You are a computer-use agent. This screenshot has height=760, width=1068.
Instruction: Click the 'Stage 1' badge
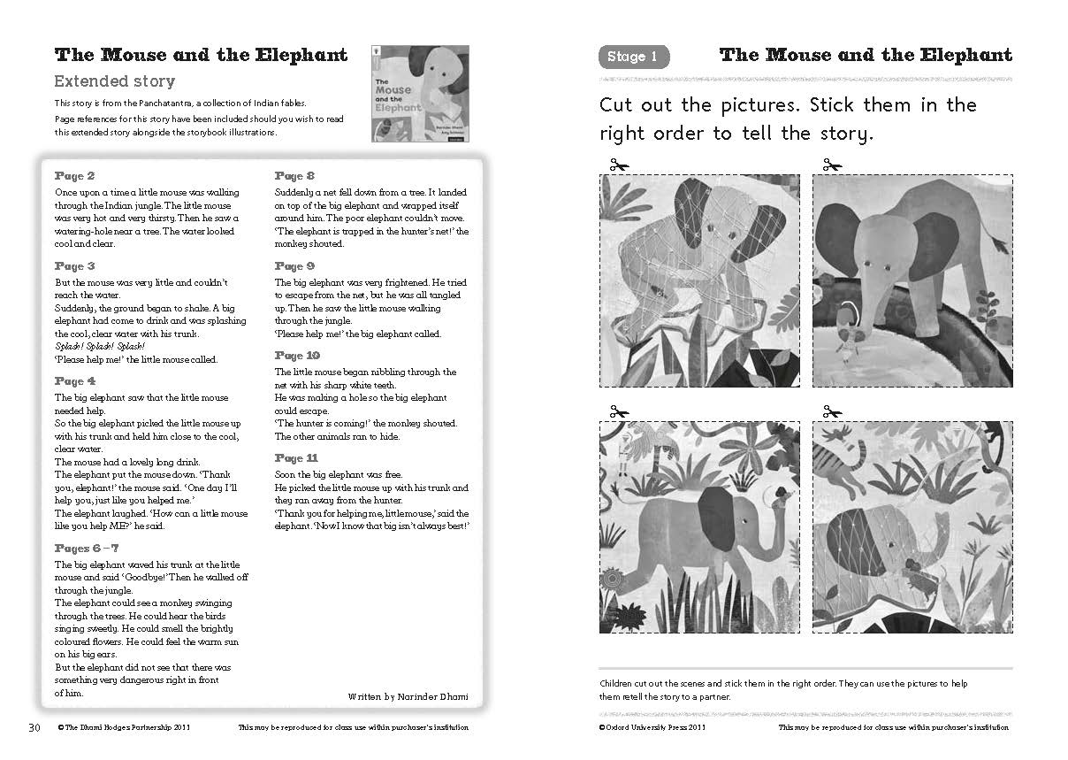[633, 58]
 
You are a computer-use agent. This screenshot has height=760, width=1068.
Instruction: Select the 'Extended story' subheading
[115, 81]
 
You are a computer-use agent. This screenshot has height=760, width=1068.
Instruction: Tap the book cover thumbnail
[420, 94]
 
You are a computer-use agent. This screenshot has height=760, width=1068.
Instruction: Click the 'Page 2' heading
[75, 176]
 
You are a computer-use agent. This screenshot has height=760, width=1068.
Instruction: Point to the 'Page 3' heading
[75, 266]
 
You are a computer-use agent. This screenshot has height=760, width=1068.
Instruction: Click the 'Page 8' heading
[295, 176]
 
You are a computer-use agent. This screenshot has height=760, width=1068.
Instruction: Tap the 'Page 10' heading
[298, 356]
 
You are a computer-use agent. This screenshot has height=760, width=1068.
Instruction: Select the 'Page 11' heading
[296, 458]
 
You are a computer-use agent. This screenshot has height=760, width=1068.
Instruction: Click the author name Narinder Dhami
[432, 697]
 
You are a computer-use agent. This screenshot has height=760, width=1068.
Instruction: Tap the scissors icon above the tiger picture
[832, 411]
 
